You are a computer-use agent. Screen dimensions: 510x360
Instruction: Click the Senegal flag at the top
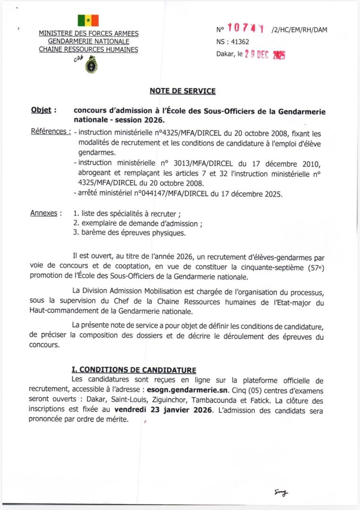click(88, 20)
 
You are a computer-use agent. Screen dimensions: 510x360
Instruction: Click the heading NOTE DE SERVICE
click(183, 91)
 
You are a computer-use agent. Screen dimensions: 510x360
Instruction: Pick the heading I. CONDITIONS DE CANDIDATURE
click(134, 370)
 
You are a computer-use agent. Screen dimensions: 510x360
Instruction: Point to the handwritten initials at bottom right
click(281, 493)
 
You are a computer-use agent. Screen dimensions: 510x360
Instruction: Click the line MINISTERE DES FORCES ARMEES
click(88, 33)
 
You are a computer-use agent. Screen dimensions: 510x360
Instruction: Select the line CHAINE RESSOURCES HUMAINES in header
click(88, 49)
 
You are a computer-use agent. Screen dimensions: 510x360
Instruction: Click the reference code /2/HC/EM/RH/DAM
click(299, 30)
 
